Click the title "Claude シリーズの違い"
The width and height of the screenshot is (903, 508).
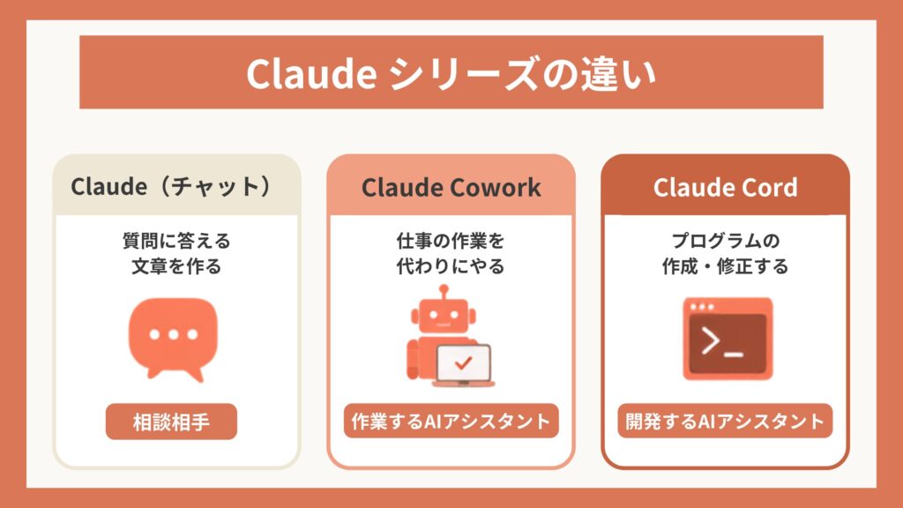451,73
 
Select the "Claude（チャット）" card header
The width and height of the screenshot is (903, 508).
176,186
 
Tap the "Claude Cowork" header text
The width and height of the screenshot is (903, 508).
451,187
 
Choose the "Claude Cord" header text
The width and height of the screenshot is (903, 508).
725,187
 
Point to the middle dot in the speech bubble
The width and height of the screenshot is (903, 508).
174,334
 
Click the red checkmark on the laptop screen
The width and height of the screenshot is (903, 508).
463,362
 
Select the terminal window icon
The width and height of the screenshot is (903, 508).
728,339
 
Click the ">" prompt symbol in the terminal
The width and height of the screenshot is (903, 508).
711,340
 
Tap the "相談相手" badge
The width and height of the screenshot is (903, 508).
171,422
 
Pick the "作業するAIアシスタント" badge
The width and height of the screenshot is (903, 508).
451,421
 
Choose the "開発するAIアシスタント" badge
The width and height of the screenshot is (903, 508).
725,421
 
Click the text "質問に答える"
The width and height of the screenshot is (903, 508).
176,240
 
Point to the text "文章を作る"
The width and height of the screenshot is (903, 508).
176,266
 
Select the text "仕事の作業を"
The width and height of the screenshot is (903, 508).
451,240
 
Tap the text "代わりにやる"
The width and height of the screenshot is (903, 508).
451,266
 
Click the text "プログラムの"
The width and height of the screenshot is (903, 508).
725,240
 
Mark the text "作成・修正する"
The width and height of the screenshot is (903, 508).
725,266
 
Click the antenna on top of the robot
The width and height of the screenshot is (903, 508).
443,293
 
